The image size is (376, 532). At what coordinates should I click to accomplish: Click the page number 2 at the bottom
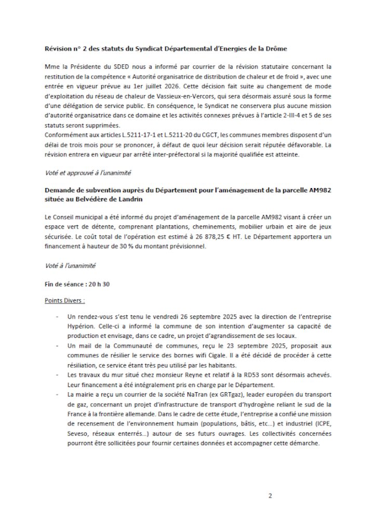click(270, 495)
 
